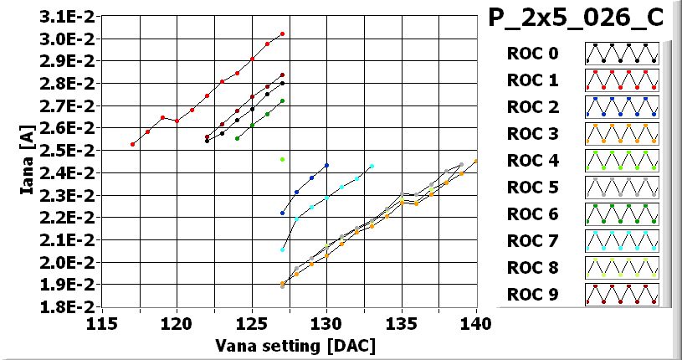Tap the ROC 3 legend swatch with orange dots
point(622,134)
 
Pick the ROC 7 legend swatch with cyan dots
point(622,241)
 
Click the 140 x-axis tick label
point(476,323)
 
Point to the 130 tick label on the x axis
point(326,323)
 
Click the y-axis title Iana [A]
point(27,162)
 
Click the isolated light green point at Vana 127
point(282,159)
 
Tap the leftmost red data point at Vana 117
point(132,144)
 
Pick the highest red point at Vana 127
point(282,34)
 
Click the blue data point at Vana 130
point(326,166)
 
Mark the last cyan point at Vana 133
point(372,166)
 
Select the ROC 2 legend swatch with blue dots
point(622,107)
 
